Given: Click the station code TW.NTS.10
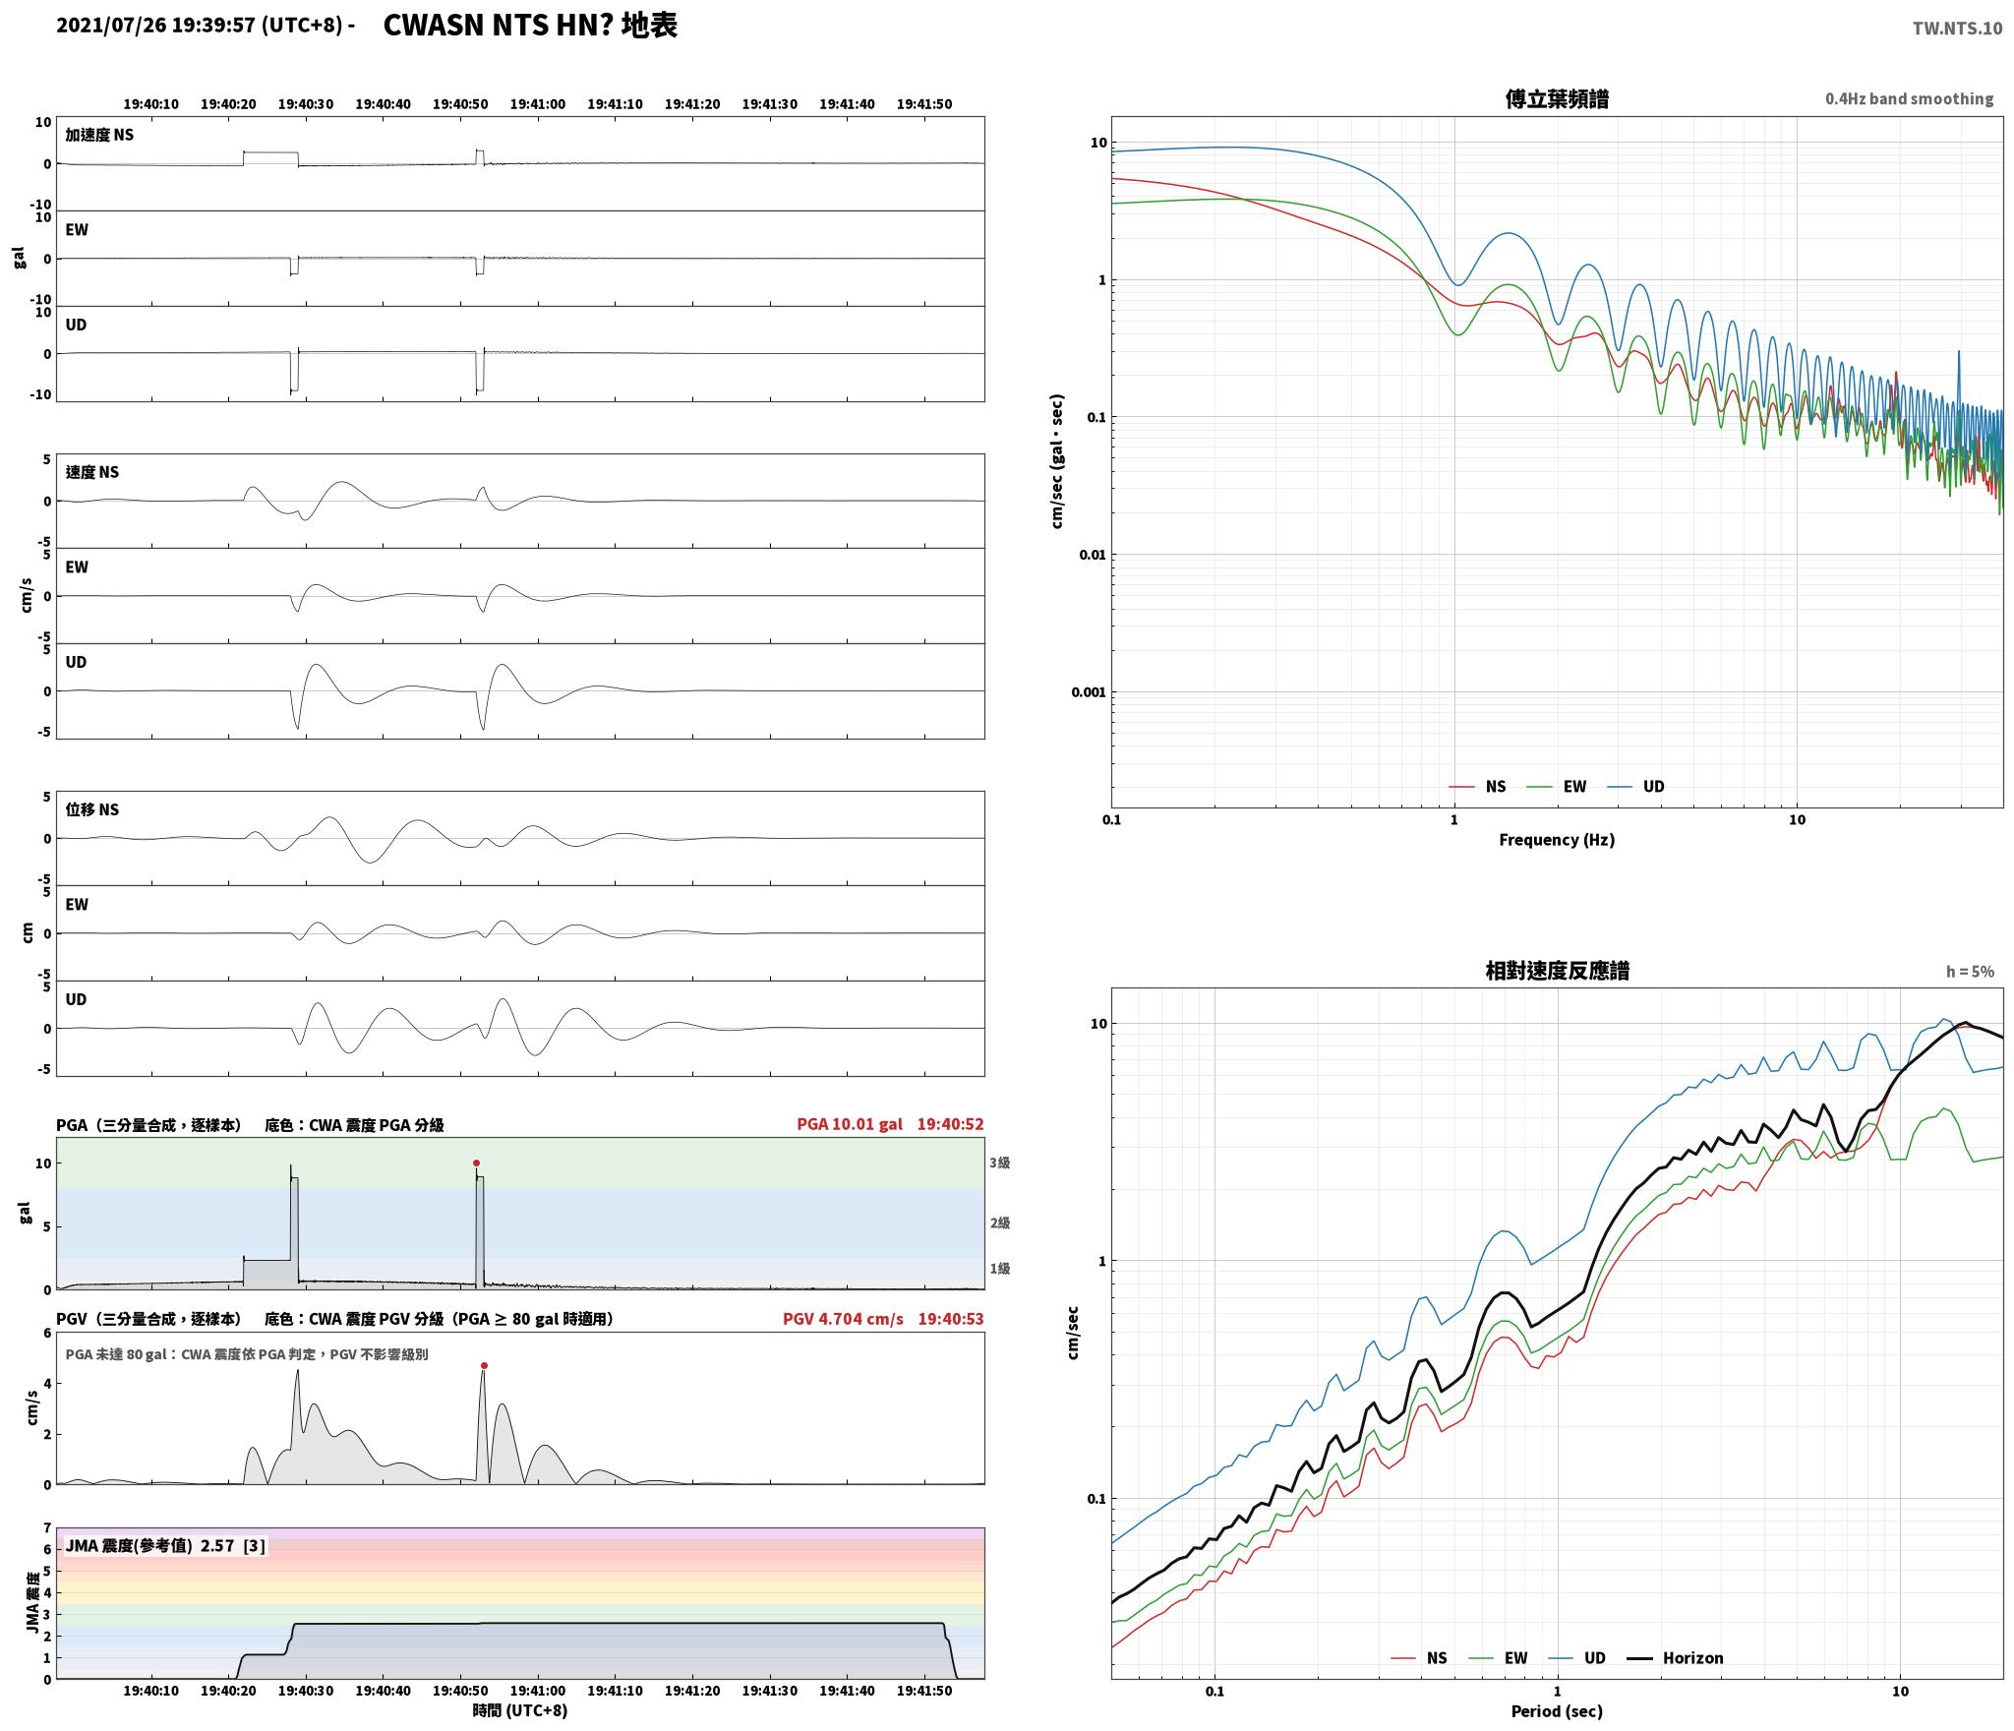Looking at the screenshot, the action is coord(1957,28).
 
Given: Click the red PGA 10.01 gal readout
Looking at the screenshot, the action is coord(850,1124).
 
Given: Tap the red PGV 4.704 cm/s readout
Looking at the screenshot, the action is coord(843,1319).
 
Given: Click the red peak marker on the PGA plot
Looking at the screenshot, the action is coord(477,1164).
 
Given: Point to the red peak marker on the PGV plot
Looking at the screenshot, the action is coord(484,1366).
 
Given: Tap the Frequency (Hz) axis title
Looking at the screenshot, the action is coord(1557,840).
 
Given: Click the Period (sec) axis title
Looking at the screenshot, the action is coord(1557,1711).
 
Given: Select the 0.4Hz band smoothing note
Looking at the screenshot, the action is coord(1910,99).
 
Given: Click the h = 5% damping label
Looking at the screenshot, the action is coord(1970,972).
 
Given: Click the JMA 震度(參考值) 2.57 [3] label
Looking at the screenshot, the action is coord(165,1546).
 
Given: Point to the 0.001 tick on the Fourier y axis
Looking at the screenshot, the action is coord(1089,692).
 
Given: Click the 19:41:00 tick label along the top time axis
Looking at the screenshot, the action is coord(538,104).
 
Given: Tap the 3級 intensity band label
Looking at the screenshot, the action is coord(1000,1163).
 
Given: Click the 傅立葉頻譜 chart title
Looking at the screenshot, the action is coord(1557,99).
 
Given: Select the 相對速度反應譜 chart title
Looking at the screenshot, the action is coord(1557,971).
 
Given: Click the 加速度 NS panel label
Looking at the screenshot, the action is coord(99,135).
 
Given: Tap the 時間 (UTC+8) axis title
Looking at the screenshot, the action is coord(520,1710).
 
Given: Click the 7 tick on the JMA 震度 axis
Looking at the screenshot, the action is coord(46,1528).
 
